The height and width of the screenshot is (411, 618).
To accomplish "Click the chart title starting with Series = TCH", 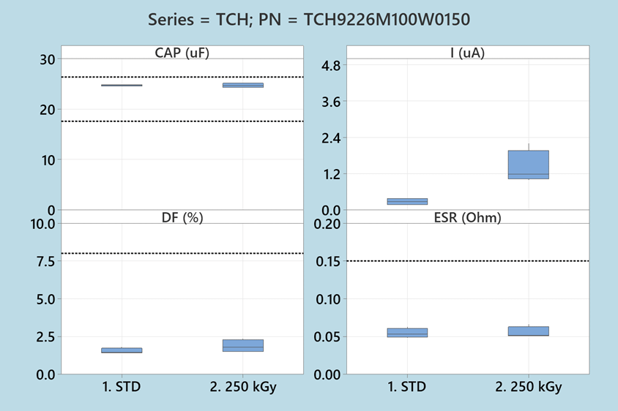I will tap(308, 20).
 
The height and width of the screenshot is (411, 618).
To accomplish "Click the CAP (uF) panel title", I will tap(182, 52).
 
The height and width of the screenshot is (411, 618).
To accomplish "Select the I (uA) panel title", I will tap(467, 52).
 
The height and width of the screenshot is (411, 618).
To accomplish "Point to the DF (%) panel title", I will tap(182, 216).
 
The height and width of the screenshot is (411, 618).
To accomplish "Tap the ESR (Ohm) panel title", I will tap(467, 216).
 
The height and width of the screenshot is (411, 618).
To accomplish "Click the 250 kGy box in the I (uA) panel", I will tap(528, 165).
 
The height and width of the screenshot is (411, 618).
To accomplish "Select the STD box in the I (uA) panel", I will tap(407, 201).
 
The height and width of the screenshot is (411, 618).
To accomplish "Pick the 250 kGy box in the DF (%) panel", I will tap(242, 345).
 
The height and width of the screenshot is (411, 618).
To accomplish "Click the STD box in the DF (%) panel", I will tap(122, 350).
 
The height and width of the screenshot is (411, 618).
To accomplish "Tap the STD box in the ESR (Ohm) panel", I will tap(407, 333).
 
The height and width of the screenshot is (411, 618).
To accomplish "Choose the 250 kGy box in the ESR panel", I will tap(528, 331).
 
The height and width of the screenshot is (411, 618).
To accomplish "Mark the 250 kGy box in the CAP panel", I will tap(242, 85).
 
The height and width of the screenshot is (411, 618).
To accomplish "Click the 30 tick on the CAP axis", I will tap(48, 59).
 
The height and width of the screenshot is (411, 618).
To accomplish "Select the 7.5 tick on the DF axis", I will tap(42, 261).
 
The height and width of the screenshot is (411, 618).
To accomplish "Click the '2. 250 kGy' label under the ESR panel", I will tap(528, 387).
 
